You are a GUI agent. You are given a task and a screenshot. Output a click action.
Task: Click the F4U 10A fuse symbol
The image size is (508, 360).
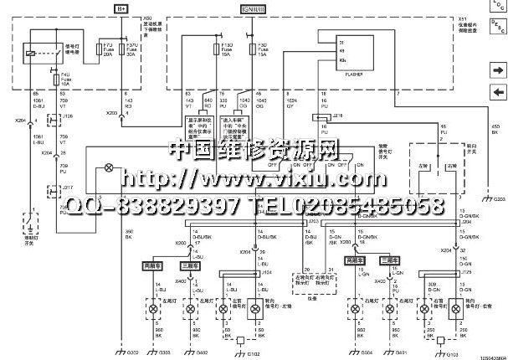55,82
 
